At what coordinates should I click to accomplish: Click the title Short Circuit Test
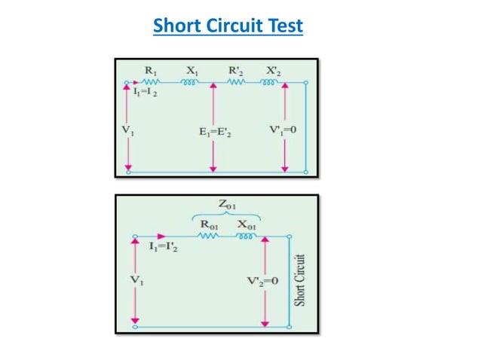click(228, 26)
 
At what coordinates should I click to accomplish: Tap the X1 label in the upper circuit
click(191, 70)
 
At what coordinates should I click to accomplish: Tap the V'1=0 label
click(283, 130)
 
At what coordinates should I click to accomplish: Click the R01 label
click(207, 224)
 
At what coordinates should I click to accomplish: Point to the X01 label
click(246, 224)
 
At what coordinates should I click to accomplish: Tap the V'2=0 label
click(263, 281)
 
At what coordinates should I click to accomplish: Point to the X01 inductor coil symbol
click(246, 235)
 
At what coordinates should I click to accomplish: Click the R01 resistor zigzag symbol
click(207, 236)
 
